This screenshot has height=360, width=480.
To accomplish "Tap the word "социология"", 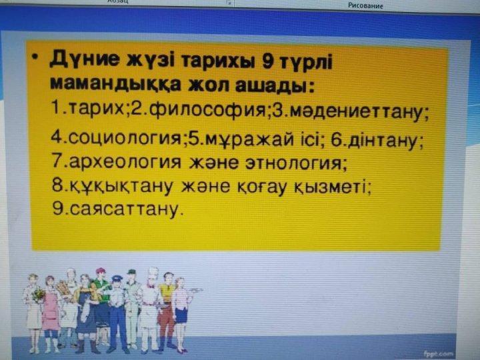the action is coord(125,139).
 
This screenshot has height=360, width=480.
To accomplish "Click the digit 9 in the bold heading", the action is coord(269,61).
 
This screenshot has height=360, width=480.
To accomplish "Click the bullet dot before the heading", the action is coord(36,57).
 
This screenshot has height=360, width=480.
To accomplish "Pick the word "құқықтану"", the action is coord(121,186).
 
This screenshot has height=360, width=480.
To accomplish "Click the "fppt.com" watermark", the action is coord(438,354).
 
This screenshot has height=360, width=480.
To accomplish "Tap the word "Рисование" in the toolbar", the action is coord(365,5).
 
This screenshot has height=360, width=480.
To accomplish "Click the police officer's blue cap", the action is coord(117,278).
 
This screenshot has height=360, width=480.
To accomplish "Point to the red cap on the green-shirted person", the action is coord(100,270).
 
